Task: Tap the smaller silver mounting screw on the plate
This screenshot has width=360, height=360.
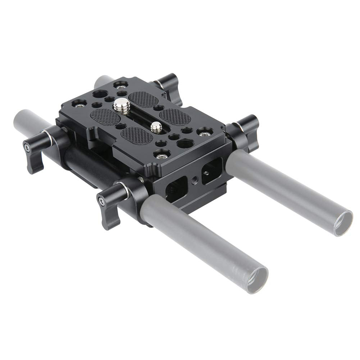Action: click(156, 126)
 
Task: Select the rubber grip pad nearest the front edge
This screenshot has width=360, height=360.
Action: click(136, 136)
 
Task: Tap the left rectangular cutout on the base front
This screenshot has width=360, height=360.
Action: click(176, 188)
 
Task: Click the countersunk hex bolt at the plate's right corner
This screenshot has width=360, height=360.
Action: click(205, 134)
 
